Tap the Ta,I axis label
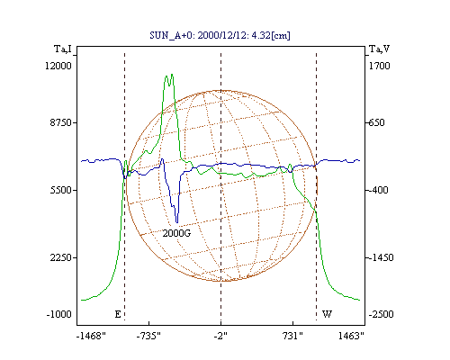click(63, 49)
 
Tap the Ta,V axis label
click(379, 49)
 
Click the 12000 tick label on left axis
click(58, 66)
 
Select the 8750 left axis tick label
click(60, 122)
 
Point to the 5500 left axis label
click(61, 190)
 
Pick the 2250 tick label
click(61, 257)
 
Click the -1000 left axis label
click(59, 314)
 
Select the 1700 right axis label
click(379, 66)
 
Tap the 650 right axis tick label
click(376, 122)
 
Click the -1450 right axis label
click(381, 257)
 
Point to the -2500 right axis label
click(381, 314)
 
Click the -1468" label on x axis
click(91, 336)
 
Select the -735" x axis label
click(148, 336)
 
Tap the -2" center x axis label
click(220, 336)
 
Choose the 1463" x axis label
click(351, 336)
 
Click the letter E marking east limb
click(118, 314)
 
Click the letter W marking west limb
click(327, 314)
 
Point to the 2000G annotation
click(176, 233)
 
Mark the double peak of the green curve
click(169, 78)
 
